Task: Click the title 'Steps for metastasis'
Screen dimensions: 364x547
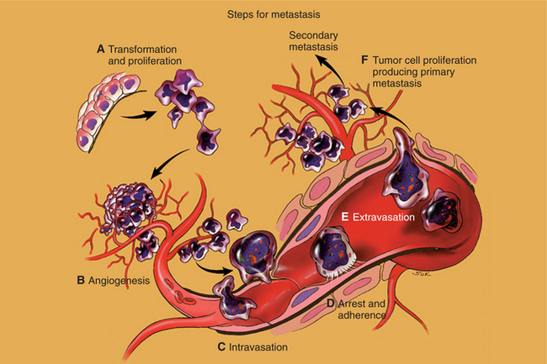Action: point(273,14)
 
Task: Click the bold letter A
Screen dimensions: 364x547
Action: point(100,50)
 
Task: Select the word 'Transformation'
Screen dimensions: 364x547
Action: point(146,50)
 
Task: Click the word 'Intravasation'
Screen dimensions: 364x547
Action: point(259,346)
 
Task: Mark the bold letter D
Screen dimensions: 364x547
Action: point(331,303)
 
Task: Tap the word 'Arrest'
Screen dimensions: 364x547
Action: point(355,303)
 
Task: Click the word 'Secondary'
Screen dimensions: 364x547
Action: point(313,35)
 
